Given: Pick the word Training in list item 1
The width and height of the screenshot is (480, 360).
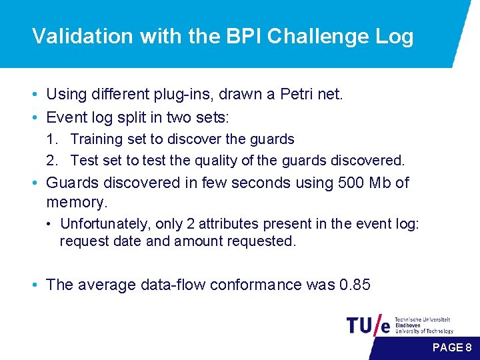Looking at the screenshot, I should click(x=95, y=139).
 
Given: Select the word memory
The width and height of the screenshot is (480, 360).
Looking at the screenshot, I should click(x=77, y=201).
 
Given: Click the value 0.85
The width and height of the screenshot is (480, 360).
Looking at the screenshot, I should click(x=354, y=285).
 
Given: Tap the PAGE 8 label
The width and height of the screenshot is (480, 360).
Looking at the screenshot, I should click(x=452, y=347).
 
